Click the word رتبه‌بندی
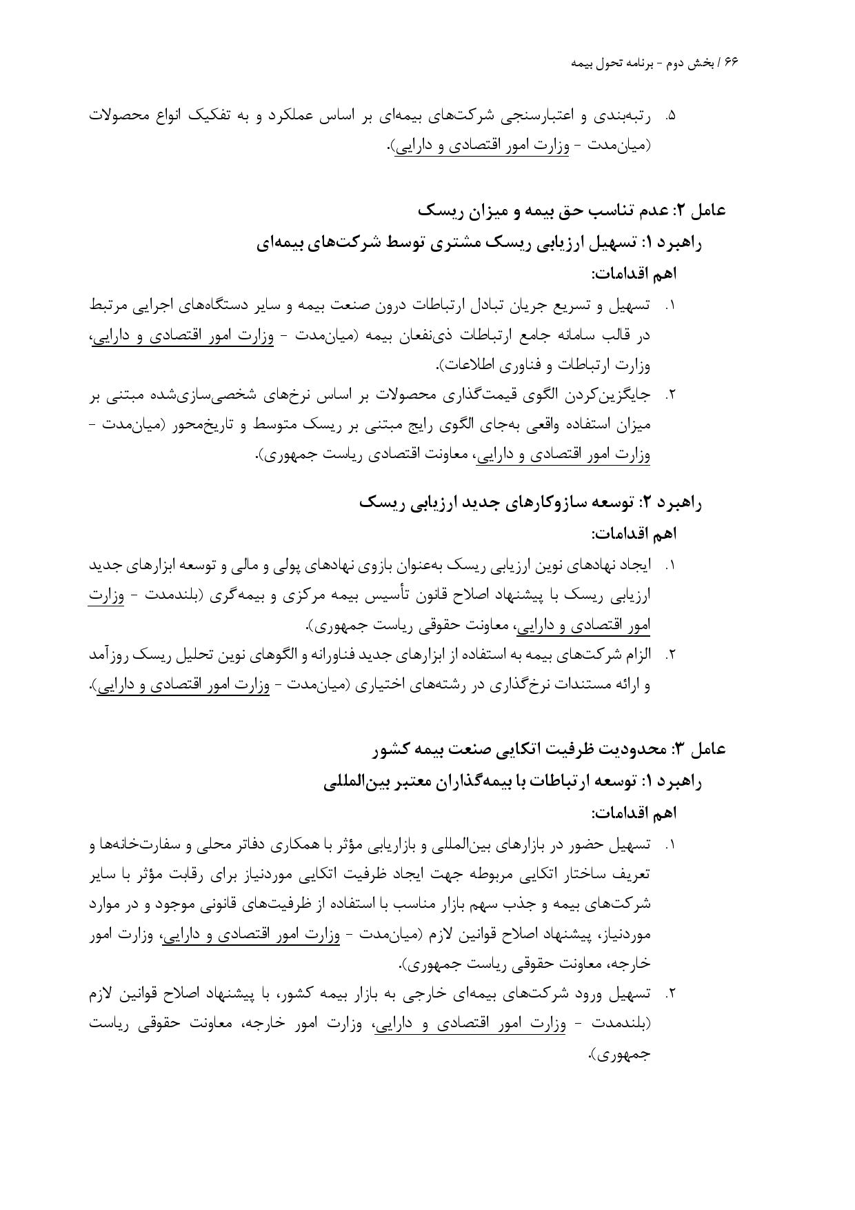click(625, 115)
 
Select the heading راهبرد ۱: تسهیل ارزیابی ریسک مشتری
click(479, 242)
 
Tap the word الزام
click(636, 655)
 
